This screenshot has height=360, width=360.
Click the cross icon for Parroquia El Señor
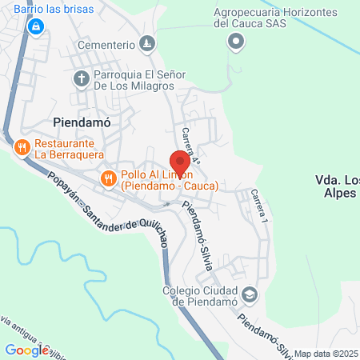point(81,78)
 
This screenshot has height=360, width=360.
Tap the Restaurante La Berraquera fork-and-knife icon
point(22,146)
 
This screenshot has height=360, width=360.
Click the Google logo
point(26,349)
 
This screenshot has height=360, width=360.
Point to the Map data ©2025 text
point(326,354)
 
